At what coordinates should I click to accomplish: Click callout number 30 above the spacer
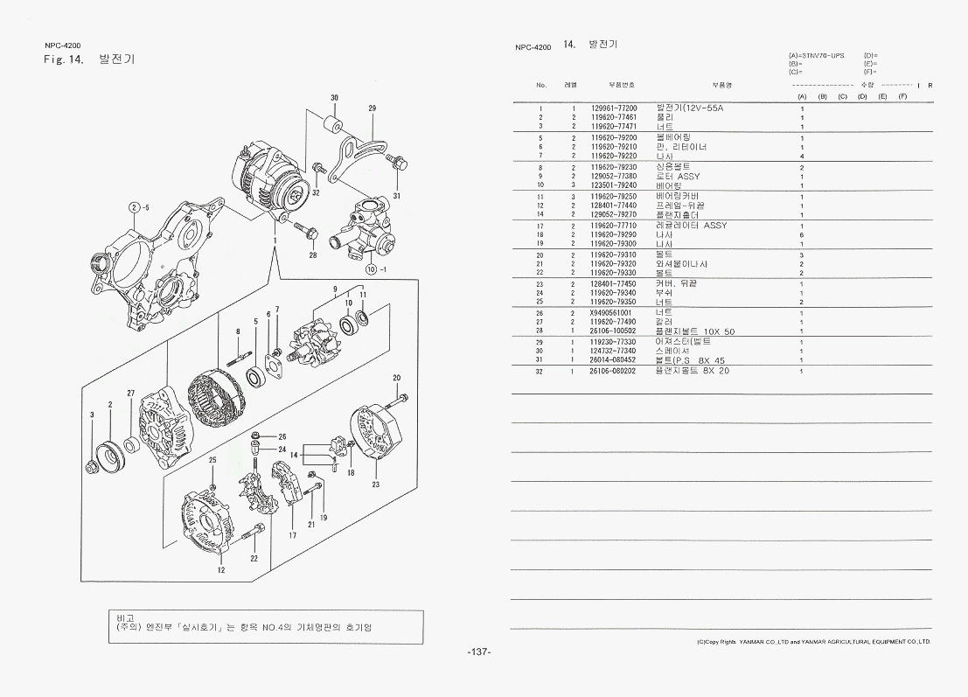[335, 97]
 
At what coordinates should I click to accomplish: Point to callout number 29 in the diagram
[372, 108]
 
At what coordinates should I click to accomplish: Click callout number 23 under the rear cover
[375, 484]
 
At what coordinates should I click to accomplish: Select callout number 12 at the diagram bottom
[221, 569]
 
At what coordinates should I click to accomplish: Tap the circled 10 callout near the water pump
[371, 268]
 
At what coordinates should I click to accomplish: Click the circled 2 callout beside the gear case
[134, 207]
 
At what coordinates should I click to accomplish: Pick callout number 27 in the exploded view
[131, 394]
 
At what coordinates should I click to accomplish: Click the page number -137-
[479, 652]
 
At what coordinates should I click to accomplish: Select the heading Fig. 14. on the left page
[63, 59]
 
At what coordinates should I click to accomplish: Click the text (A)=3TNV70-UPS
[816, 56]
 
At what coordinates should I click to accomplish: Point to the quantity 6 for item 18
[802, 235]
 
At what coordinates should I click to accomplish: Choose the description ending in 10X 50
[694, 331]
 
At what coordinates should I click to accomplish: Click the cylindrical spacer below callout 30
[333, 122]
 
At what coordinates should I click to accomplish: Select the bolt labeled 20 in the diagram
[400, 399]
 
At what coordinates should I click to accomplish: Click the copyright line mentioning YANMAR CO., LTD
[813, 641]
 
